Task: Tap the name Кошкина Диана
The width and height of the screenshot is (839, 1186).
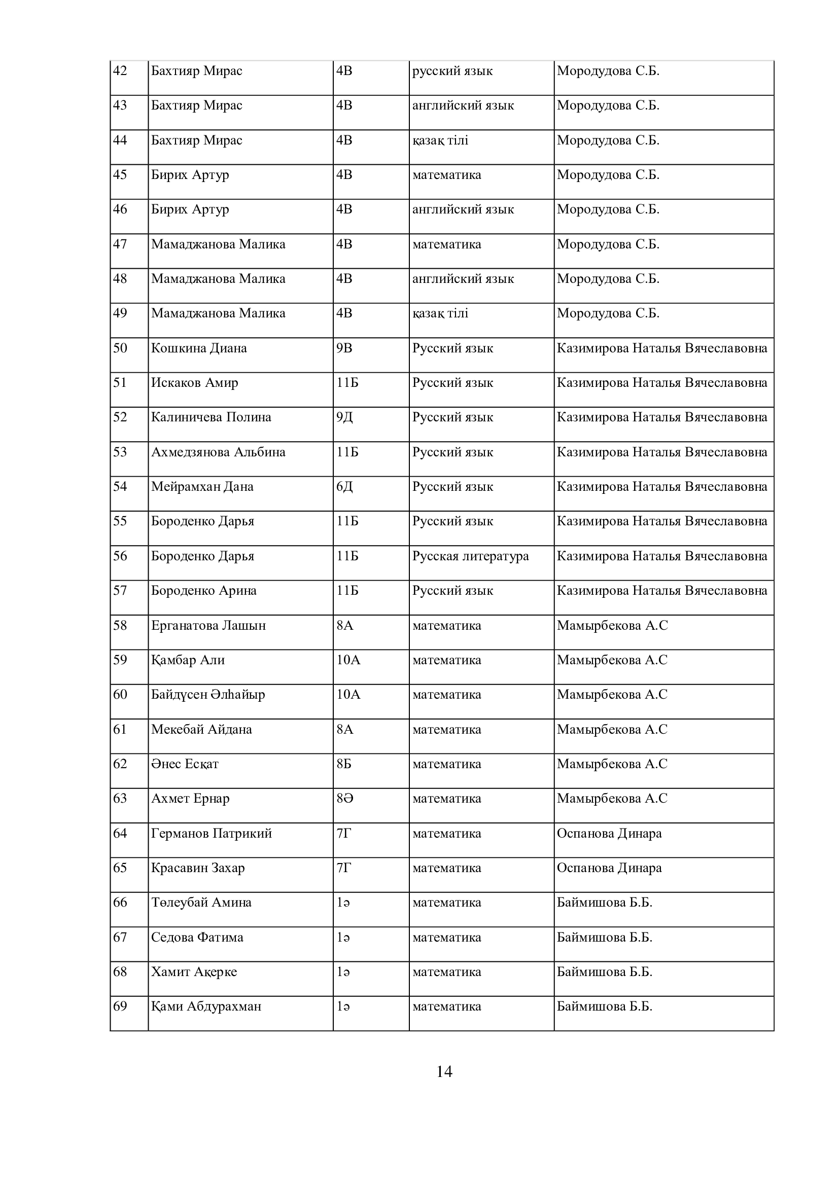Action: point(199,348)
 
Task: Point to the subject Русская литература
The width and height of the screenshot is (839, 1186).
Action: point(470,556)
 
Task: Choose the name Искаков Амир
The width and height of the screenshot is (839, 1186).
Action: point(194,383)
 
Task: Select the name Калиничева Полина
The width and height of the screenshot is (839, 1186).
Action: point(211,417)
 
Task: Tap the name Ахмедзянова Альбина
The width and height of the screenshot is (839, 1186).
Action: point(218,452)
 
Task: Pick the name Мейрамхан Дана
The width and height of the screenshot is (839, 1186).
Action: point(202,487)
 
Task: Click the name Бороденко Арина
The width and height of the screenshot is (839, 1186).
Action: point(203,590)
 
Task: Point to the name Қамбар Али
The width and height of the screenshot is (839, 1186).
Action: point(188,660)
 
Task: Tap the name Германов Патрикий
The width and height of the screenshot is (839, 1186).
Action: point(212,833)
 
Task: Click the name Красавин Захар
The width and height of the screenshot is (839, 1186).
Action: point(198,868)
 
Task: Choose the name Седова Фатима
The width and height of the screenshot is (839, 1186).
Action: point(197,938)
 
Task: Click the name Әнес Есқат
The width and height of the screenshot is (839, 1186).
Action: point(185,764)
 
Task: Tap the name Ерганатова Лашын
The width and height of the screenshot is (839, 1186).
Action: point(208,626)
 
